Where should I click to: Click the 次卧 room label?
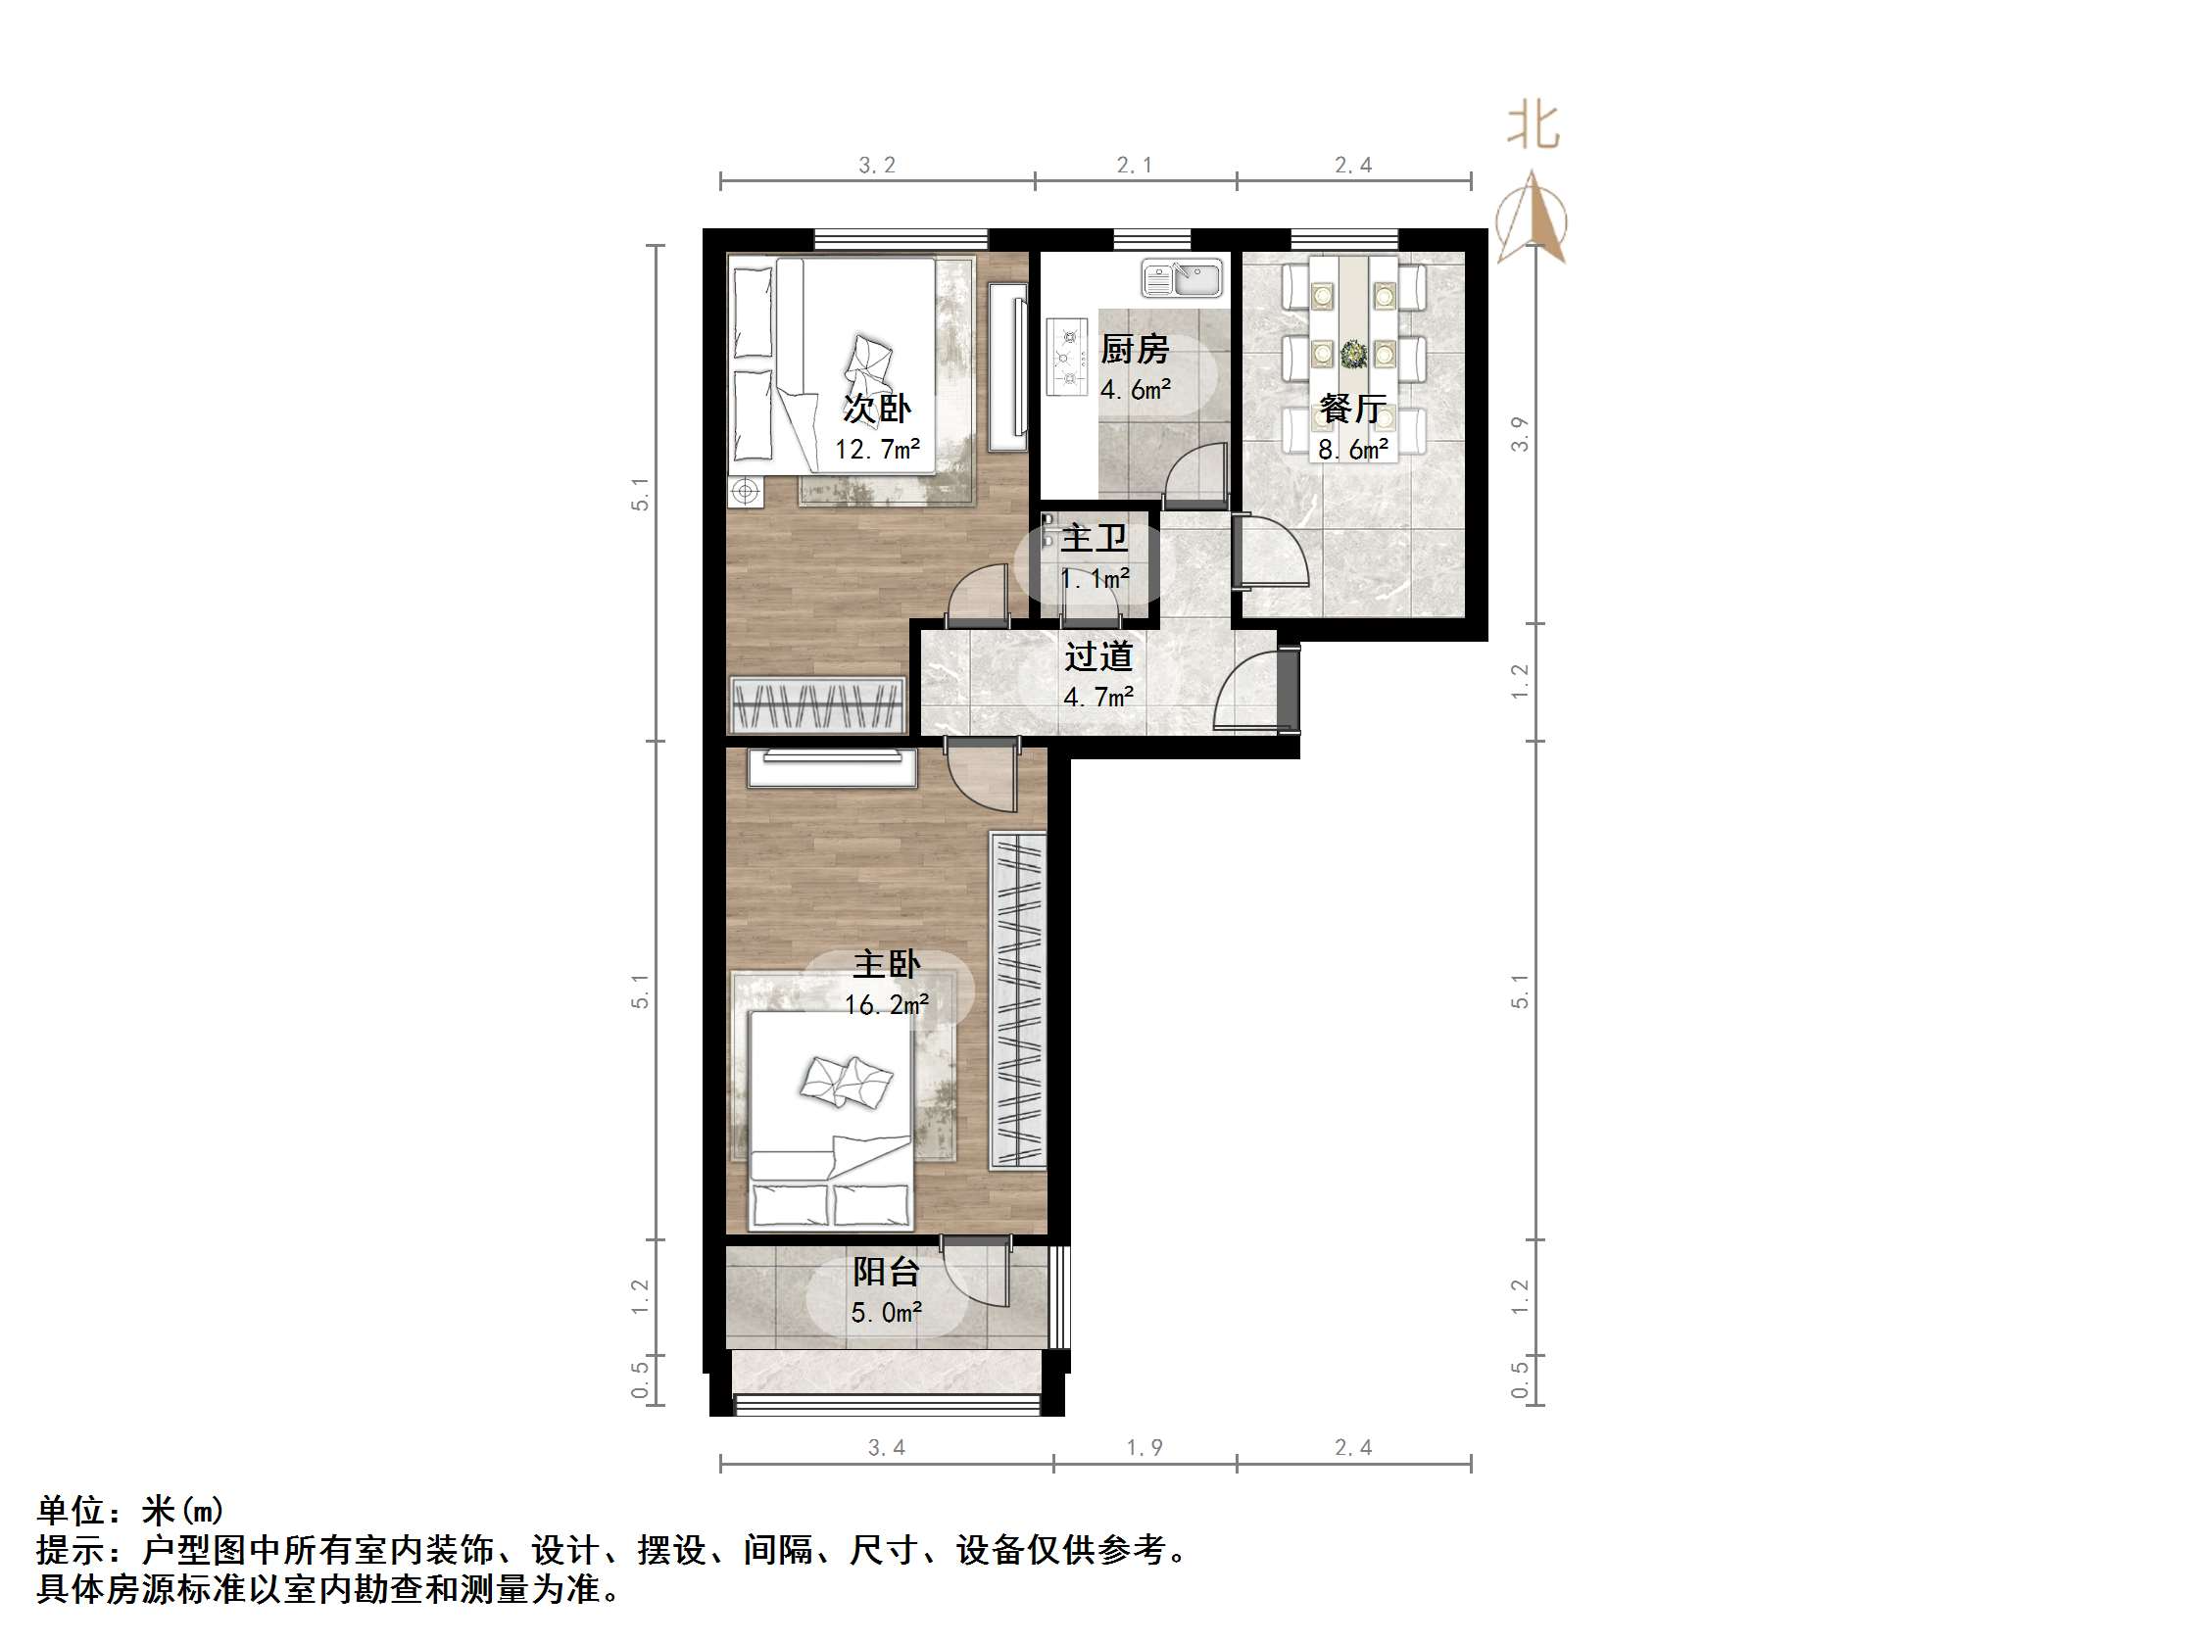(x=877, y=409)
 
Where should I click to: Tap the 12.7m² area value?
(x=877, y=450)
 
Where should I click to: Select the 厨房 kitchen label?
(x=1135, y=349)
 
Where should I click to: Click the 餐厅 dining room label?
(x=1352, y=409)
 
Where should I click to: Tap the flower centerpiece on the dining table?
(x=1352, y=353)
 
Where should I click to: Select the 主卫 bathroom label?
(x=1094, y=539)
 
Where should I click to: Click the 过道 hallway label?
(x=1098, y=656)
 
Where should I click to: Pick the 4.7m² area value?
(x=1098, y=698)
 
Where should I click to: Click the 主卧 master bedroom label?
(x=887, y=964)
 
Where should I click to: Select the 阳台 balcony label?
(x=887, y=1272)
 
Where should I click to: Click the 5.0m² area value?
(x=887, y=1313)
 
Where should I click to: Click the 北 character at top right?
(x=1533, y=127)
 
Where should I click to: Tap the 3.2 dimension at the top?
(x=877, y=166)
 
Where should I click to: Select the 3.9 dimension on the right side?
(x=1519, y=434)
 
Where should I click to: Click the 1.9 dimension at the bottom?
(x=1145, y=1448)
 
